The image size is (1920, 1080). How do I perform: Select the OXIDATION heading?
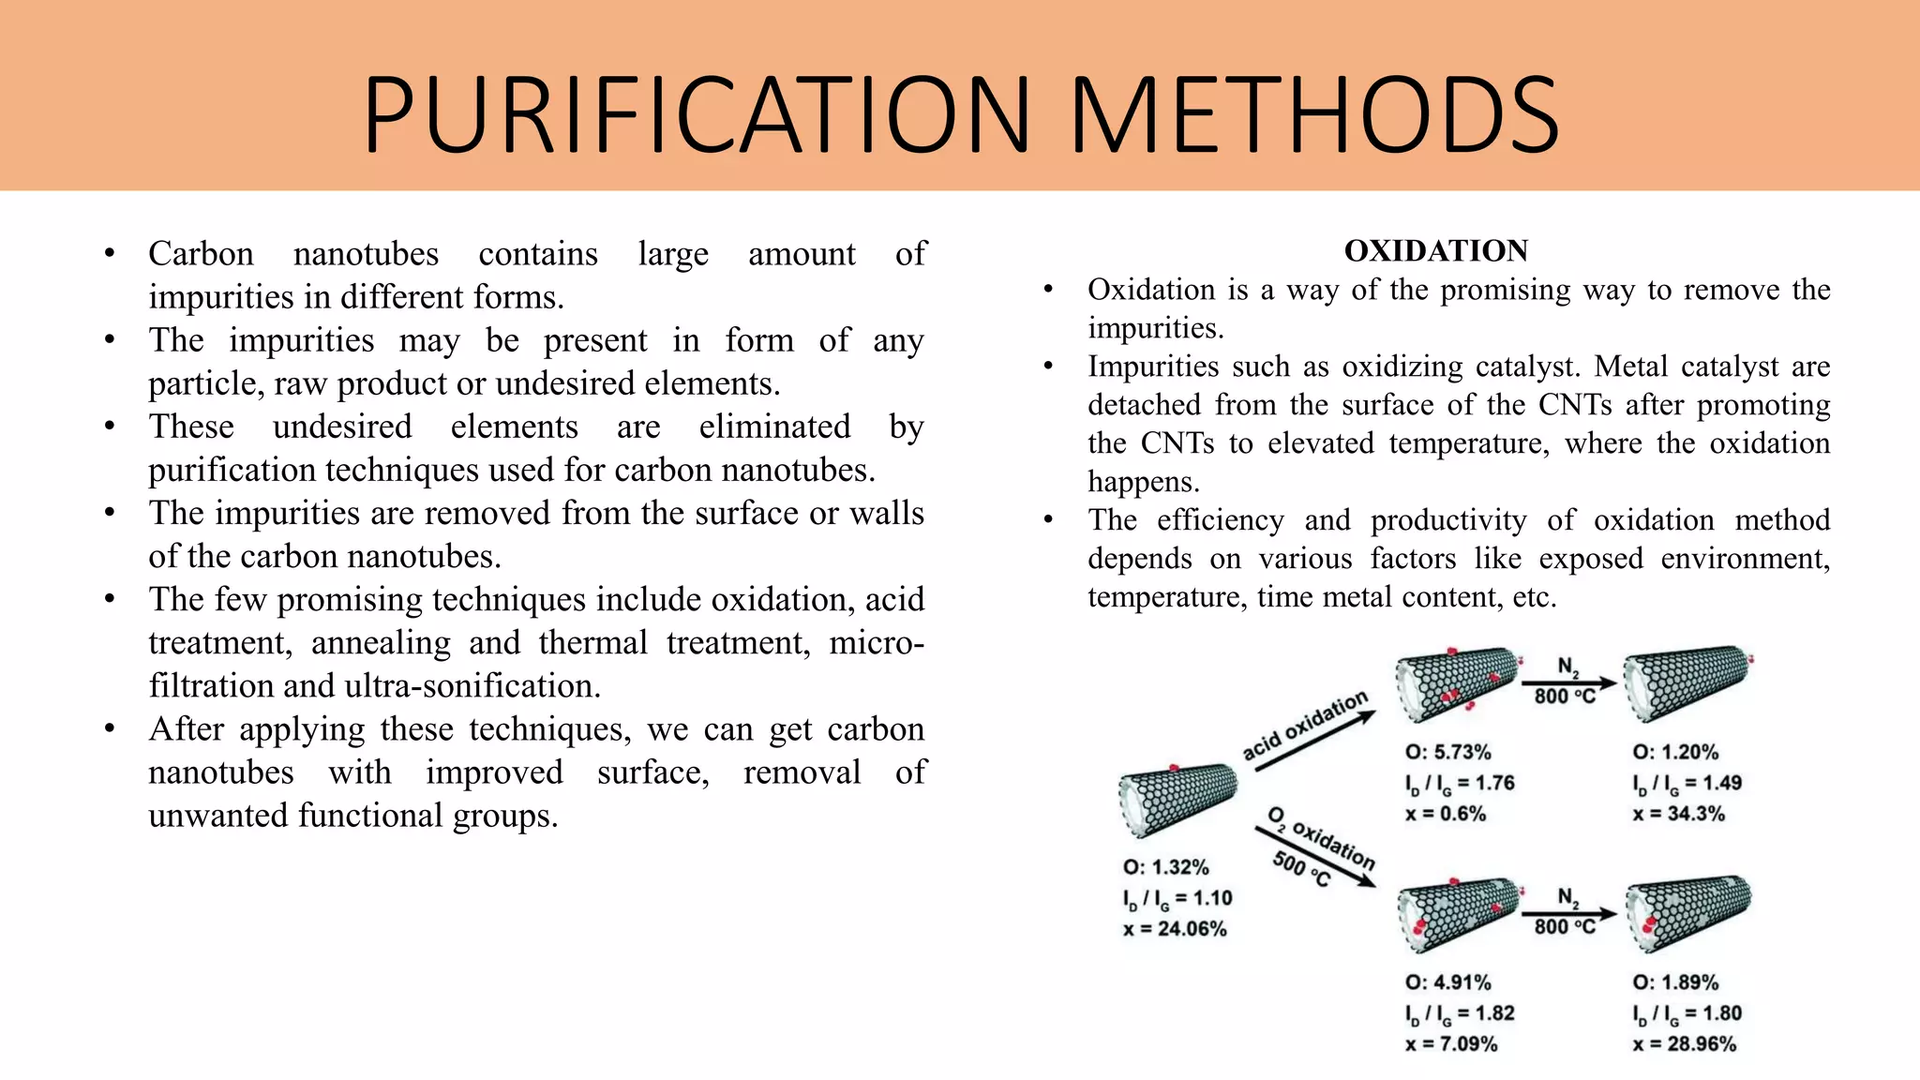coord(1435,251)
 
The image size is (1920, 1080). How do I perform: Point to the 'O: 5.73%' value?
coord(1447,752)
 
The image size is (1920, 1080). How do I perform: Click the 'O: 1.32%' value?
coord(1165,867)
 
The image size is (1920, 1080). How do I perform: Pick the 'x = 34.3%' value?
coord(1678,814)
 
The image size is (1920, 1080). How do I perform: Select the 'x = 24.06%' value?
coord(1175,929)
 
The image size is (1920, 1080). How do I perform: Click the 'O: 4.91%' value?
coord(1447,982)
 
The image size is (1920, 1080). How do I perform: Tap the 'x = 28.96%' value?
coord(1684,1044)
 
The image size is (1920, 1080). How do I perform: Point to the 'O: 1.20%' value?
coord(1675,752)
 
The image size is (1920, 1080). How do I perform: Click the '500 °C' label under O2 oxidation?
coord(1300,869)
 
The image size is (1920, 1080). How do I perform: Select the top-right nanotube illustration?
coord(1687,682)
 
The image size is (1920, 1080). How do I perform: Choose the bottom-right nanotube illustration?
coord(1687,912)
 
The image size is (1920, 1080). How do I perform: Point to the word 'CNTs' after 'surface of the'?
coord(1575,405)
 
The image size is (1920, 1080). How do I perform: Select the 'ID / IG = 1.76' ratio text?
coord(1460,784)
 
